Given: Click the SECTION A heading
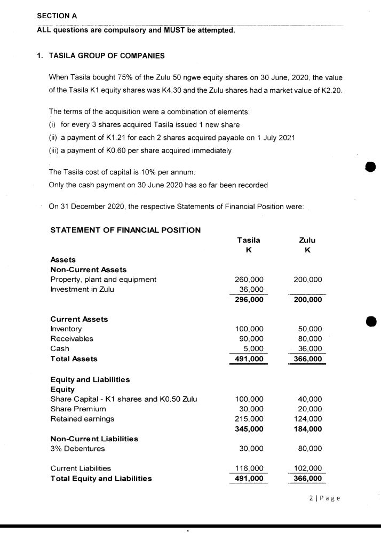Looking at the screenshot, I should [x=57, y=15].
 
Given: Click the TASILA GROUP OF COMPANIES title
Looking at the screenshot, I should [x=107, y=55].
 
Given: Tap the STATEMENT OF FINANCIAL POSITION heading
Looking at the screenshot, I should [x=125, y=230].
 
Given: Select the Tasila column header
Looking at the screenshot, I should [x=248, y=240].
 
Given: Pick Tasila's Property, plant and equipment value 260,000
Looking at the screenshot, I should [x=249, y=279].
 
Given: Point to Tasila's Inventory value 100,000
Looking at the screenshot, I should [x=249, y=329].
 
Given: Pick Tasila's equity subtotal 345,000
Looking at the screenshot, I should [x=249, y=428].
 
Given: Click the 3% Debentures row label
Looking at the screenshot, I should [x=77, y=449].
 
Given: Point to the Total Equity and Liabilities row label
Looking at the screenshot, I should [x=101, y=478].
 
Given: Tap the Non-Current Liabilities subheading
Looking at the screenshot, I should [x=94, y=439].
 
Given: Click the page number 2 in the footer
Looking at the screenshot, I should [x=311, y=499].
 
